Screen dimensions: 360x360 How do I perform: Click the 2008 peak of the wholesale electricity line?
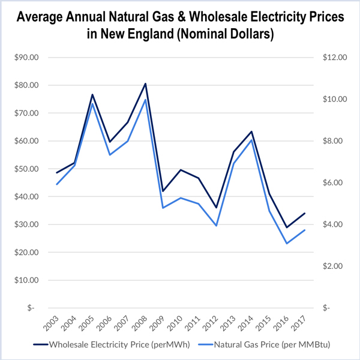tap(145, 83)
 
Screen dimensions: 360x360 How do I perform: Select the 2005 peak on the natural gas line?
tap(93, 105)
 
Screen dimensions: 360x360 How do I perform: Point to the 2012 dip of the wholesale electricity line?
tap(217, 208)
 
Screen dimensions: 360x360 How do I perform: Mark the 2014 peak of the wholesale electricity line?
tap(252, 131)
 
